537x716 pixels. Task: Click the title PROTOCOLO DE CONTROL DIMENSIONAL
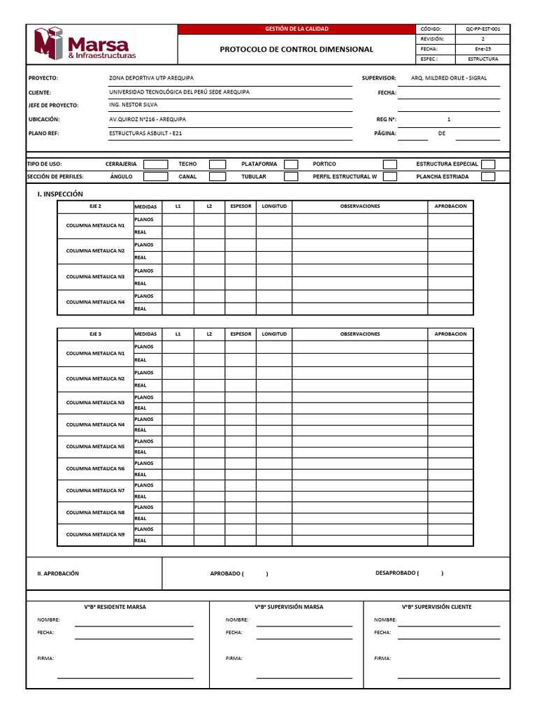coord(296,50)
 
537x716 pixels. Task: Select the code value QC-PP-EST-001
coord(482,29)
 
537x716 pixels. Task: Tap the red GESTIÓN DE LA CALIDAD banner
coord(296,29)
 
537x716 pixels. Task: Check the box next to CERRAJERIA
coord(155,164)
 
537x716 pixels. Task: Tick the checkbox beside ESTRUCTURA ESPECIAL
coord(488,164)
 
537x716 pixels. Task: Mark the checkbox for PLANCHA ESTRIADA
coord(488,177)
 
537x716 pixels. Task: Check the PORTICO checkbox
coord(390,164)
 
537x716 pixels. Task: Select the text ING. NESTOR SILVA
coord(134,105)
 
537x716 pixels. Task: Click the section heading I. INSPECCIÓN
coord(60,194)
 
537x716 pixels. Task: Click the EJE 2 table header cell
coord(95,206)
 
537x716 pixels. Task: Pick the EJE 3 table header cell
coord(95,334)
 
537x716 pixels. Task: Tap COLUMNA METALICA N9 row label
coord(95,534)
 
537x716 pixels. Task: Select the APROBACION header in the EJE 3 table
coord(450,334)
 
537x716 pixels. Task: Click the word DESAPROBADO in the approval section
coord(396,573)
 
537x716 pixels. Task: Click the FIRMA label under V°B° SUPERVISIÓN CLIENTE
coord(382,658)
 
